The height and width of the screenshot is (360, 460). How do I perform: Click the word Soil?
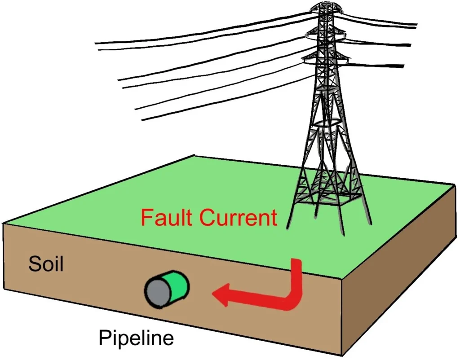(46, 264)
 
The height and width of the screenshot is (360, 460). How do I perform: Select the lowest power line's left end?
(143, 119)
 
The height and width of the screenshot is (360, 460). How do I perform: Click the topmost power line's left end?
(96, 43)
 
